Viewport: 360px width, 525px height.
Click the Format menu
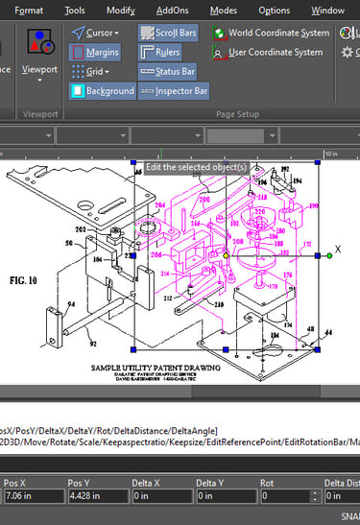click(29, 11)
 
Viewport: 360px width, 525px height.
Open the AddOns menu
click(174, 11)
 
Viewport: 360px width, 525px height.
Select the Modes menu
click(224, 11)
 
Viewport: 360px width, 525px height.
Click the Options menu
click(274, 11)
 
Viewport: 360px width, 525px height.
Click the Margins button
click(96, 52)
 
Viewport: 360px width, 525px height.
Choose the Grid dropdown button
click(92, 71)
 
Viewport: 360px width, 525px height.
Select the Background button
click(103, 91)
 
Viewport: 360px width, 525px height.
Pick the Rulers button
click(160, 52)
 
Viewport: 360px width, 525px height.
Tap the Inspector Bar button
click(174, 91)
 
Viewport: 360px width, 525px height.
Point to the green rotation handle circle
click(329, 254)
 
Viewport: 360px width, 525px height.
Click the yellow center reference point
click(227, 255)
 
